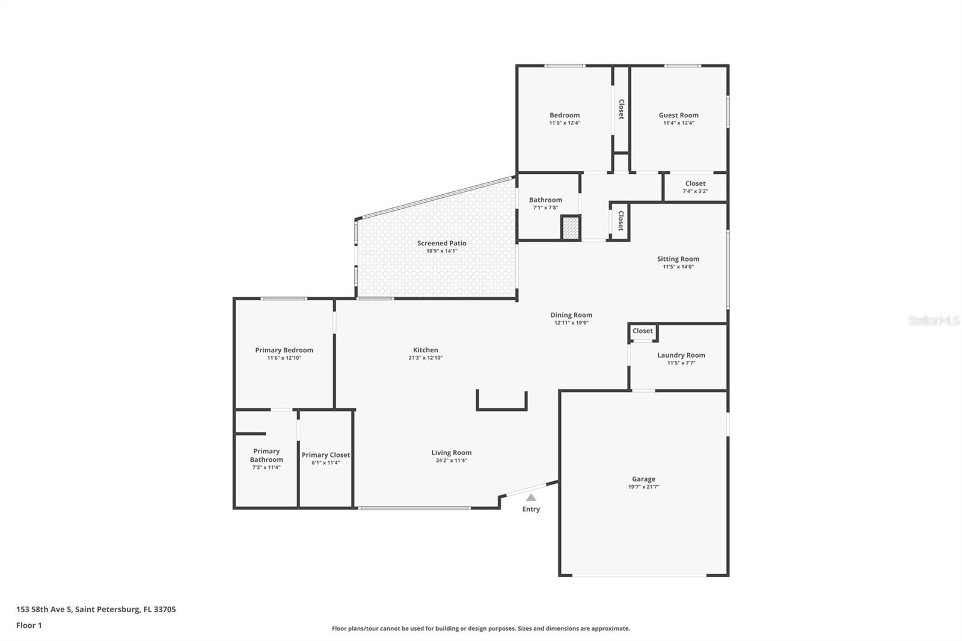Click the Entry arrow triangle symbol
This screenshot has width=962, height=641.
pyautogui.click(x=531, y=497)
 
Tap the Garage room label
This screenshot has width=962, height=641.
pyautogui.click(x=643, y=479)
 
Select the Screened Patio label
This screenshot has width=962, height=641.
pyautogui.click(x=442, y=243)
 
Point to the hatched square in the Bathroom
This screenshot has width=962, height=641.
pyautogui.click(x=571, y=228)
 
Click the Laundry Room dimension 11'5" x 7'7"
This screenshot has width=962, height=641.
pyautogui.click(x=681, y=363)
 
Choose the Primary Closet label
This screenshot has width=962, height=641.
pyautogui.click(x=326, y=455)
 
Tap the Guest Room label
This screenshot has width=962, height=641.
pyautogui.click(x=678, y=115)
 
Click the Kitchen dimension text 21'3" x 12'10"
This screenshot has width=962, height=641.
pyautogui.click(x=426, y=358)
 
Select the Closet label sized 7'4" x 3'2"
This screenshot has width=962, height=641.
pyautogui.click(x=695, y=183)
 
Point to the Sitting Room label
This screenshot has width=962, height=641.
pyautogui.click(x=678, y=259)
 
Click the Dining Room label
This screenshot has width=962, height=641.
pyautogui.click(x=571, y=314)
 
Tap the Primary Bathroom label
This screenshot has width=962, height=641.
pyautogui.click(x=266, y=455)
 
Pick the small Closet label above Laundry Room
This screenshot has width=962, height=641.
pyautogui.click(x=642, y=331)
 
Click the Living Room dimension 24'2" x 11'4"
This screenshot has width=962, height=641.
pyautogui.click(x=452, y=461)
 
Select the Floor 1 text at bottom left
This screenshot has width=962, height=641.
pyautogui.click(x=29, y=625)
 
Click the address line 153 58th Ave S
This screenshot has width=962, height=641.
pyautogui.click(x=96, y=609)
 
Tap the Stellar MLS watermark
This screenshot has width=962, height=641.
pyautogui.click(x=933, y=320)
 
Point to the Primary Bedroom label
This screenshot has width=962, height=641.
pyautogui.click(x=284, y=350)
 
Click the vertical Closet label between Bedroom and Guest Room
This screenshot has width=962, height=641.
pyautogui.click(x=621, y=109)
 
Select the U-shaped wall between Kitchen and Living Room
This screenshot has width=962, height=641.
pyautogui.click(x=502, y=409)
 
